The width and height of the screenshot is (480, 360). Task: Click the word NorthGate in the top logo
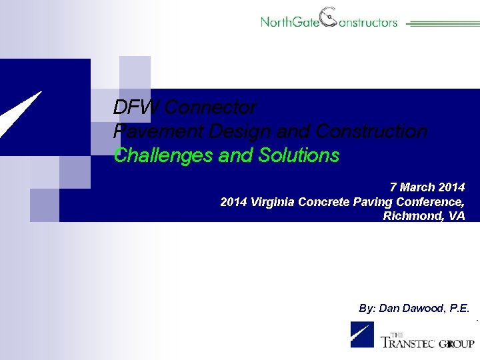(290, 22)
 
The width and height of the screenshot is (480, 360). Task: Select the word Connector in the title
(209, 107)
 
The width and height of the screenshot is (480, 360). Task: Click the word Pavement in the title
(154, 131)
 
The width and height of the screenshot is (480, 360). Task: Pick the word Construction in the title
(371, 131)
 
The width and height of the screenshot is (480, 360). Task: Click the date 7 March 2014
(427, 187)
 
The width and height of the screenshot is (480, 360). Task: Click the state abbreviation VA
(457, 216)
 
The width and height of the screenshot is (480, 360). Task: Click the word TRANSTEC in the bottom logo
(407, 343)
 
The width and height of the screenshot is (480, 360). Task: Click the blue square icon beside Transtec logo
(362, 335)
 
